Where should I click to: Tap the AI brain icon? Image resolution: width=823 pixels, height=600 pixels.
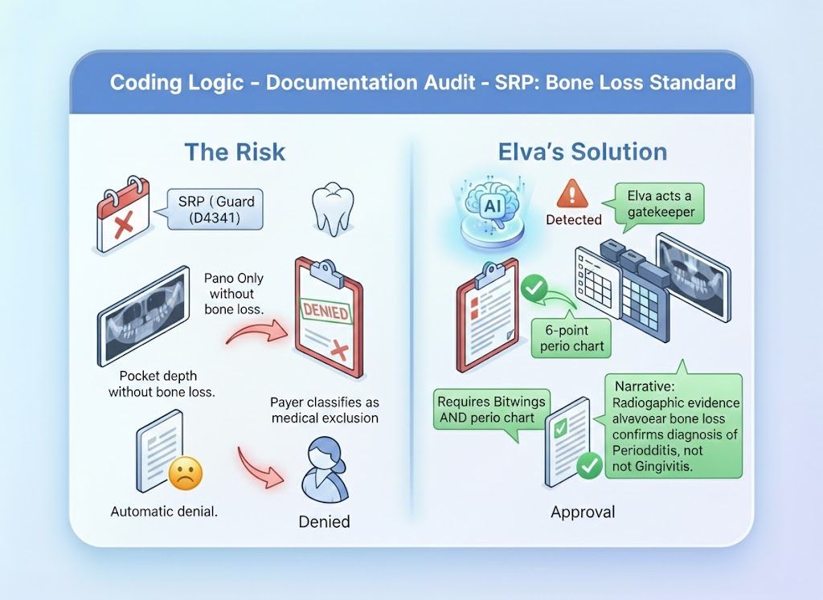coord(490,208)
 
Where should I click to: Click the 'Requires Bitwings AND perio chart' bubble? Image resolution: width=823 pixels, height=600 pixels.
coord(492,409)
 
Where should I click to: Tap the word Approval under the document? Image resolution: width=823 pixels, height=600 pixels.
coord(583,512)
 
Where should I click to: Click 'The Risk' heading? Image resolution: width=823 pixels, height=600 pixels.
coord(235,151)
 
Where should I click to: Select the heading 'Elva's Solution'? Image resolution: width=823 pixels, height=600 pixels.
coord(582,151)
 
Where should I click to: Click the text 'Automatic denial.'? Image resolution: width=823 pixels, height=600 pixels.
coord(164,511)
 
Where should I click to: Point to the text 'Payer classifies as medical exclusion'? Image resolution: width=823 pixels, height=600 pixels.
coord(325,410)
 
